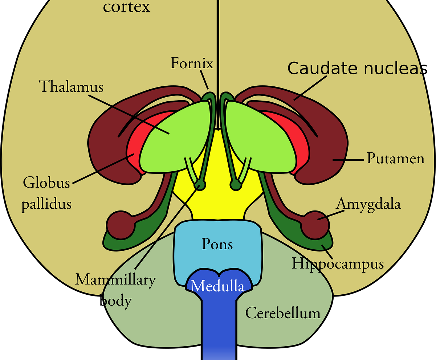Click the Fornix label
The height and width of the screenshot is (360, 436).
point(192,64)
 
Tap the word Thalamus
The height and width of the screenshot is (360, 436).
point(71,87)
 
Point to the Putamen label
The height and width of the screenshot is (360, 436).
point(395,159)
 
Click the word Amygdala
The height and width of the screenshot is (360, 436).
point(368,204)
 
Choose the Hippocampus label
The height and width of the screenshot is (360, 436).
point(338,264)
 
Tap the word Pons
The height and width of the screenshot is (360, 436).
point(217,244)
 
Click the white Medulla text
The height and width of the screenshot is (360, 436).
point(217,286)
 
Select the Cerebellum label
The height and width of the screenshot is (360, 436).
point(283,313)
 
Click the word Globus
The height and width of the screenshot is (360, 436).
point(46,183)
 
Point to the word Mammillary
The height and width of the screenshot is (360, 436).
point(115,280)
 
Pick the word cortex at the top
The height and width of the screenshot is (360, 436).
point(126,7)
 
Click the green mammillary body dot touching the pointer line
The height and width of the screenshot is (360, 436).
point(200,185)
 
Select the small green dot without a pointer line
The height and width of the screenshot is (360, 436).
point(236,185)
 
